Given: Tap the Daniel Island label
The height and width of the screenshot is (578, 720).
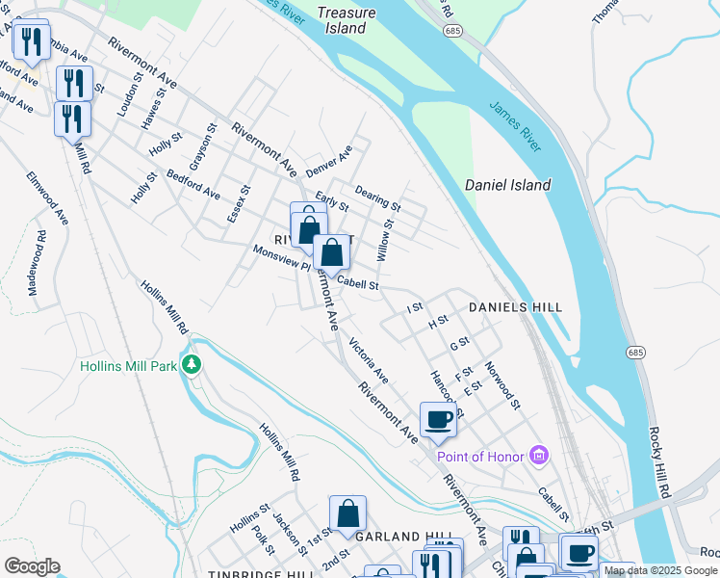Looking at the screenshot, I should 507,185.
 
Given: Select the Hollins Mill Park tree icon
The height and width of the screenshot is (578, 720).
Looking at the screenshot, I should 193,365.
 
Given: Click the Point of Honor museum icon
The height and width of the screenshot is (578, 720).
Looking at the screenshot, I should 539,456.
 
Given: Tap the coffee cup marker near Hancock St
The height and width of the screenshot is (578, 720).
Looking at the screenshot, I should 438,418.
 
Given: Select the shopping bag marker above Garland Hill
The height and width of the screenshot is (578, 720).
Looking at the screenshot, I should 347,514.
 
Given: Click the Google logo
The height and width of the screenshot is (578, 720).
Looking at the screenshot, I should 31,566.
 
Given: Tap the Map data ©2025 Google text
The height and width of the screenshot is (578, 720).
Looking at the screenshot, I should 660,570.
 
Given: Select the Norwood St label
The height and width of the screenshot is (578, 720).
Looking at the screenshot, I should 502,384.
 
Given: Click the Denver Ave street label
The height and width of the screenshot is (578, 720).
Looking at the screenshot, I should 329,161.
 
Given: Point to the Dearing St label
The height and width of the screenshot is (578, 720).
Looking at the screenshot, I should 377,198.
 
